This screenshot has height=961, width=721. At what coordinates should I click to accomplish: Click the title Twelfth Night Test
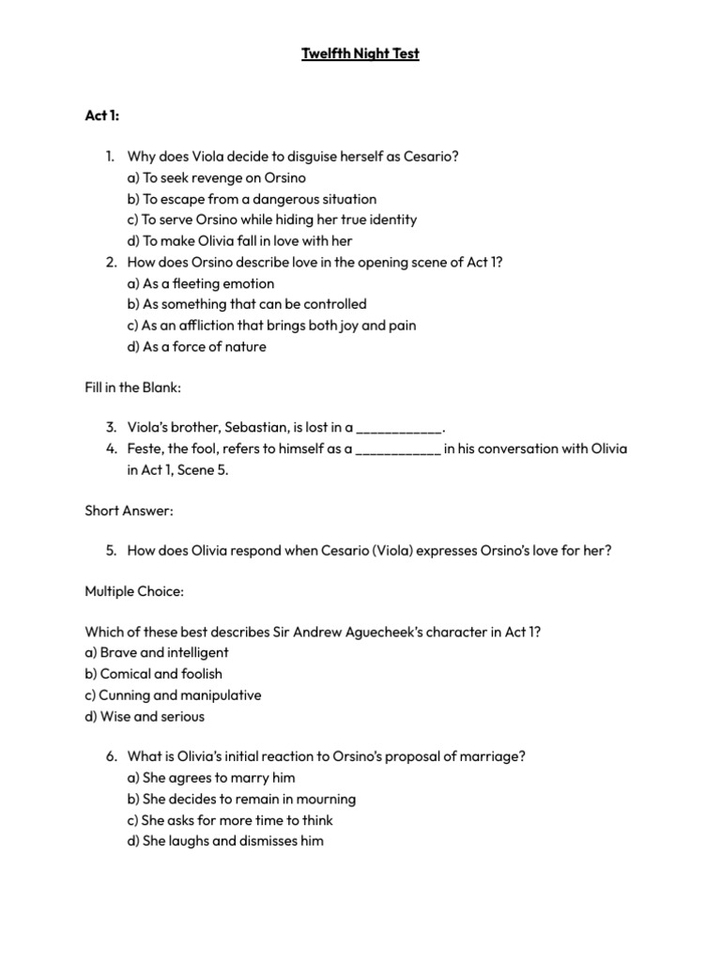pyautogui.click(x=360, y=53)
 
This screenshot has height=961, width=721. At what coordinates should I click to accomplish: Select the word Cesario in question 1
pyautogui.click(x=430, y=157)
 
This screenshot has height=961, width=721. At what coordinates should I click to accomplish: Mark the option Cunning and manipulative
pyautogui.click(x=173, y=695)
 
